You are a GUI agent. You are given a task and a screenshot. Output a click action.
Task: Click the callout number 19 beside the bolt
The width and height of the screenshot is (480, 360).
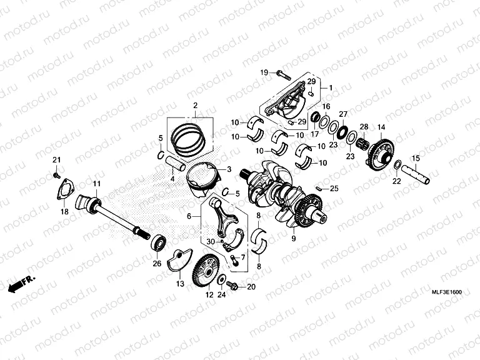(264, 72)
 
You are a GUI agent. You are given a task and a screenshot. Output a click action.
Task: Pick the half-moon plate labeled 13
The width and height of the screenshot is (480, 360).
(179, 261)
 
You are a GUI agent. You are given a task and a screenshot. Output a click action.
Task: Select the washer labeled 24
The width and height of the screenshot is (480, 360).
(221, 281)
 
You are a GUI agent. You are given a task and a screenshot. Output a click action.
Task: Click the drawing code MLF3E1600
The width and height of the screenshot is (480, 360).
(448, 292)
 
